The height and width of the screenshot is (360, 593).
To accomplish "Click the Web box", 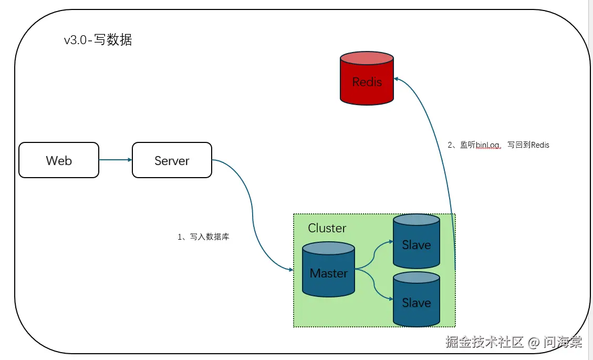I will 59,160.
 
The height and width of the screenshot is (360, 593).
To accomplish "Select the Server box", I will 172,160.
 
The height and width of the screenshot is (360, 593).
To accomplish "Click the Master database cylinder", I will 329,271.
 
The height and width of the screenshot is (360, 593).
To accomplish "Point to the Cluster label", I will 327,228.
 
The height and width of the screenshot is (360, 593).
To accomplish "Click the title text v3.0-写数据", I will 98,40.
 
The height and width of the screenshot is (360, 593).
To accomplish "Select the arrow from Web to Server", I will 115,160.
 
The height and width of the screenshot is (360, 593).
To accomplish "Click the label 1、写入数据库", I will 203,237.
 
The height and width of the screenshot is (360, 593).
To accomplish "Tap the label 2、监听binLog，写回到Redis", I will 498,145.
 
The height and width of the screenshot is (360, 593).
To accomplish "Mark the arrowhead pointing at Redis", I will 397,78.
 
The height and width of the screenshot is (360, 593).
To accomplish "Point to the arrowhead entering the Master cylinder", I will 290,269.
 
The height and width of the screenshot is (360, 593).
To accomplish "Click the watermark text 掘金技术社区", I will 484,342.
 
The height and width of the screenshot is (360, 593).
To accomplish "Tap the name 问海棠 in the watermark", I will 563,342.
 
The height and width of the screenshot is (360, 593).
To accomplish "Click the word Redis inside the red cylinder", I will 367,82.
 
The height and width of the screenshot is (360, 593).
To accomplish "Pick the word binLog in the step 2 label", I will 487,145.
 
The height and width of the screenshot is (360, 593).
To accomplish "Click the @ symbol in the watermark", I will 534,343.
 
